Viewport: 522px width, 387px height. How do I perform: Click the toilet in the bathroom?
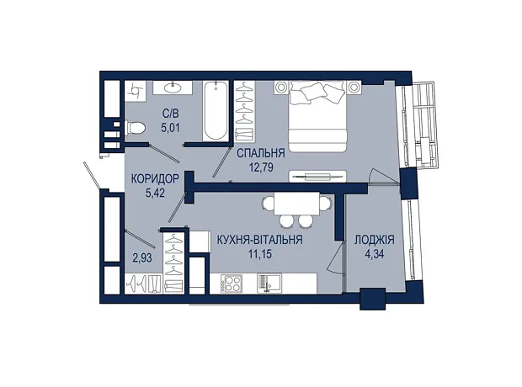coord(136,128)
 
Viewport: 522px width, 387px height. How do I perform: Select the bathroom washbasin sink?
coord(173,87)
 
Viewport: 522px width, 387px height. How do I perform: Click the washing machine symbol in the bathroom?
coord(136,91)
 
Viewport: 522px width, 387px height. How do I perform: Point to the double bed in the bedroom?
coord(317,116)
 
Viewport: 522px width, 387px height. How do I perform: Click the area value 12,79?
coord(261,167)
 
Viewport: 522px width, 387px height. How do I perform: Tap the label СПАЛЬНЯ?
coord(261,153)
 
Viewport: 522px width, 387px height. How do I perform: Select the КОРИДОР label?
coord(155,179)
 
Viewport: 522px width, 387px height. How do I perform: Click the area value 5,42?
coord(155,193)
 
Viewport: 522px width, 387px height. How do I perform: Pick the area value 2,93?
coord(142,257)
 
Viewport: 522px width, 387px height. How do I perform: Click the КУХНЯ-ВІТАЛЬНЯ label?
coord(259,240)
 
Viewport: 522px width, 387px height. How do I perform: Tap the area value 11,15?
coord(259,254)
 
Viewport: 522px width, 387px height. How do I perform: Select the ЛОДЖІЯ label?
coord(375,240)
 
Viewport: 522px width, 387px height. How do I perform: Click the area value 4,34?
coord(375,254)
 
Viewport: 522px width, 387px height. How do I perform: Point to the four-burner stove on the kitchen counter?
coord(231,284)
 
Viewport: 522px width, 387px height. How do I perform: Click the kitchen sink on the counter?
coord(269,284)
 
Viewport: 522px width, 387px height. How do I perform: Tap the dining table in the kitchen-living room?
coord(296,204)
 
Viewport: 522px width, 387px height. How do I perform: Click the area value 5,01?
coord(170,127)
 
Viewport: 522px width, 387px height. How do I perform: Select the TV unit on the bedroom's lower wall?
coord(317,176)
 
